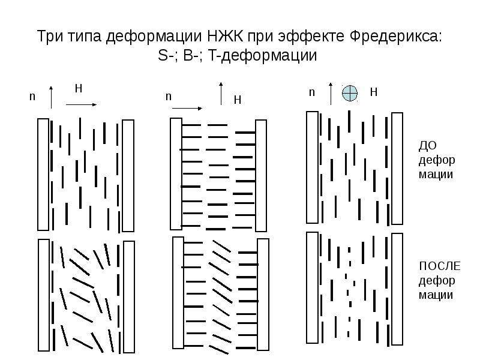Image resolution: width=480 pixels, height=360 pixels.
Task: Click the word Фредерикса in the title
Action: (x=395, y=37)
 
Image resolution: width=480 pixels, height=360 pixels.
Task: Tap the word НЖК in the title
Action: (x=226, y=37)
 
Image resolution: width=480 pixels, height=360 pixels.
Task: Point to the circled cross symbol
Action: (x=350, y=93)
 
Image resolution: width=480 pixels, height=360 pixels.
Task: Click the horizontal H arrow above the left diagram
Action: (x=81, y=104)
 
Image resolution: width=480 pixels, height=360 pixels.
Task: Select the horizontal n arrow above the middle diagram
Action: (x=187, y=109)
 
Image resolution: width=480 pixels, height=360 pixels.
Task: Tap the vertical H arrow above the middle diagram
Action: (x=221, y=94)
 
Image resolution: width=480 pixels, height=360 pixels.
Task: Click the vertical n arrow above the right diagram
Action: (x=331, y=94)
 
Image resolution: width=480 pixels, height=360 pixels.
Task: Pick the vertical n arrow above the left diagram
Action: (x=51, y=97)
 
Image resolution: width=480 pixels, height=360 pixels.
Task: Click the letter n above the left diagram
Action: (x=32, y=97)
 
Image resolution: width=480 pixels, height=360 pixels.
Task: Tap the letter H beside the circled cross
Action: (x=373, y=92)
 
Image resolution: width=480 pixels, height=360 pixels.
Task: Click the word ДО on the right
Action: (x=427, y=146)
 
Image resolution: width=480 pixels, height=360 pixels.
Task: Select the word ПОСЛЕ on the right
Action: (x=440, y=266)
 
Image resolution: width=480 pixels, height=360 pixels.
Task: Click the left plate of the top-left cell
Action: (x=43, y=175)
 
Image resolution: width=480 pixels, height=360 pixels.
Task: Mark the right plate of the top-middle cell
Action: (x=261, y=175)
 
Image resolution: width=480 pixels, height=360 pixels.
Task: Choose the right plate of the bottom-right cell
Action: (x=397, y=289)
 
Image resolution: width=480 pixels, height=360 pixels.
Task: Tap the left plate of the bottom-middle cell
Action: (x=178, y=292)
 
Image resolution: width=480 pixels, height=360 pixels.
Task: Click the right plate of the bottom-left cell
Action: (x=129, y=296)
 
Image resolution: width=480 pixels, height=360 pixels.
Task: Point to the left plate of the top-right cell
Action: (x=312, y=167)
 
